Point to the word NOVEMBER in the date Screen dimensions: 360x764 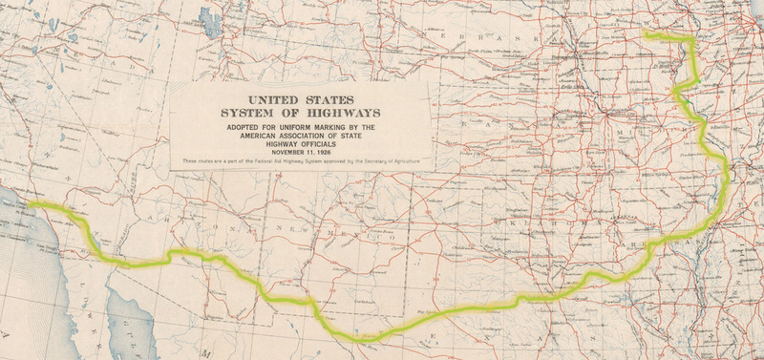[286, 153]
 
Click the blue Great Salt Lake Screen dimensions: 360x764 [206, 16]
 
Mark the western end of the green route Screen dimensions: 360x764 [30, 203]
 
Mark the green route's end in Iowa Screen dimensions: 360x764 [646, 34]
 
